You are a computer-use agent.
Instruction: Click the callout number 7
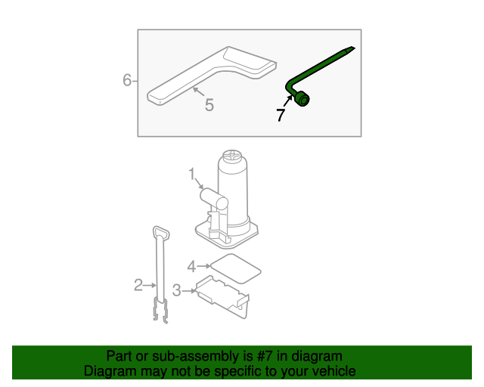point(281,115)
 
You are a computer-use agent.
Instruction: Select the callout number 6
point(127,80)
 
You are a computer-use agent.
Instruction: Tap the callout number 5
point(209,105)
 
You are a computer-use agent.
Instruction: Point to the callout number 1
point(192,174)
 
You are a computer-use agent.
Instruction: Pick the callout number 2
point(138,285)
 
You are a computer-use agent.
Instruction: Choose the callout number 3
point(176,290)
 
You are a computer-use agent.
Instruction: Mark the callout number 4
point(191,266)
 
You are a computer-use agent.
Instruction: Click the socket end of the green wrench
point(302,99)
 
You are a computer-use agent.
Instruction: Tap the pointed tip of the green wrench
point(353,48)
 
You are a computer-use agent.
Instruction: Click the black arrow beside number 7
point(288,101)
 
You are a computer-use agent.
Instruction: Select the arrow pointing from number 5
point(198,91)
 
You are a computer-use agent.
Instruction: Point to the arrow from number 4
point(203,266)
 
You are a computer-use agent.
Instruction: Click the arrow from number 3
point(189,291)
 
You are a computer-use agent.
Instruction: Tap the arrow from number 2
point(150,286)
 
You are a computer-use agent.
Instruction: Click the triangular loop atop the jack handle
point(161,232)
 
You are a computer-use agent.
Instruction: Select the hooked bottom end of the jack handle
point(161,311)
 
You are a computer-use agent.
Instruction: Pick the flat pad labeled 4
point(235,268)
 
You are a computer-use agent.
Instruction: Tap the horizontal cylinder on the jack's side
point(214,200)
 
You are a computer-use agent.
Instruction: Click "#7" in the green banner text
point(265,356)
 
